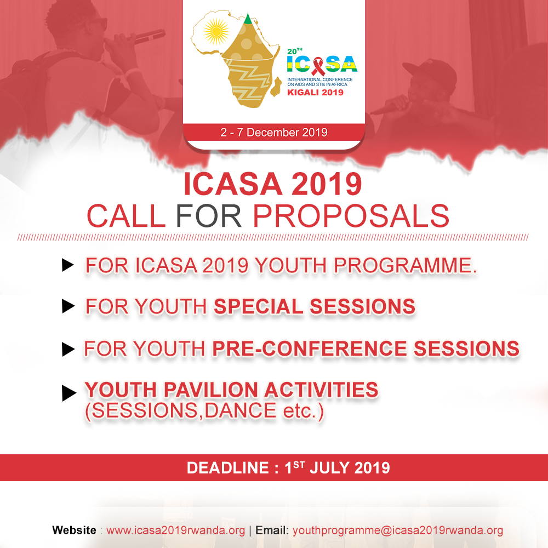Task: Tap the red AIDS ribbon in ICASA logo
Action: pyautogui.click(x=318, y=66)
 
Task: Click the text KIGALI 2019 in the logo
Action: pyautogui.click(x=315, y=93)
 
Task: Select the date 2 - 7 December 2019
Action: pyautogui.click(x=274, y=133)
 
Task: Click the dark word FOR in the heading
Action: pyautogui.click(x=209, y=216)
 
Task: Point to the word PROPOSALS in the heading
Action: pyautogui.click(x=351, y=216)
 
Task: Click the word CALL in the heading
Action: pyautogui.click(x=126, y=216)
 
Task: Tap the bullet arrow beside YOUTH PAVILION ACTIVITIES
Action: pyautogui.click(x=69, y=393)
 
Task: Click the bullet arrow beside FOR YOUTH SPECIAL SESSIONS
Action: pyautogui.click(x=68, y=306)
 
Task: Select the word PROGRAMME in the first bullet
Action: pyautogui.click(x=405, y=266)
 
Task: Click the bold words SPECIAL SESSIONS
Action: pyautogui.click(x=314, y=306)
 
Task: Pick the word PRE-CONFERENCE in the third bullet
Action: pyautogui.click(x=310, y=349)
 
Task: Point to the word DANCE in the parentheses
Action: pyautogui.click(x=241, y=410)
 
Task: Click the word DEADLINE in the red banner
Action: pyautogui.click(x=228, y=468)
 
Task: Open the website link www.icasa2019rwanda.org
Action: pyautogui.click(x=175, y=530)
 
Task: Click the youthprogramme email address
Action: pyautogui.click(x=398, y=530)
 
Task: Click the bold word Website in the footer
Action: pyautogui.click(x=74, y=530)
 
